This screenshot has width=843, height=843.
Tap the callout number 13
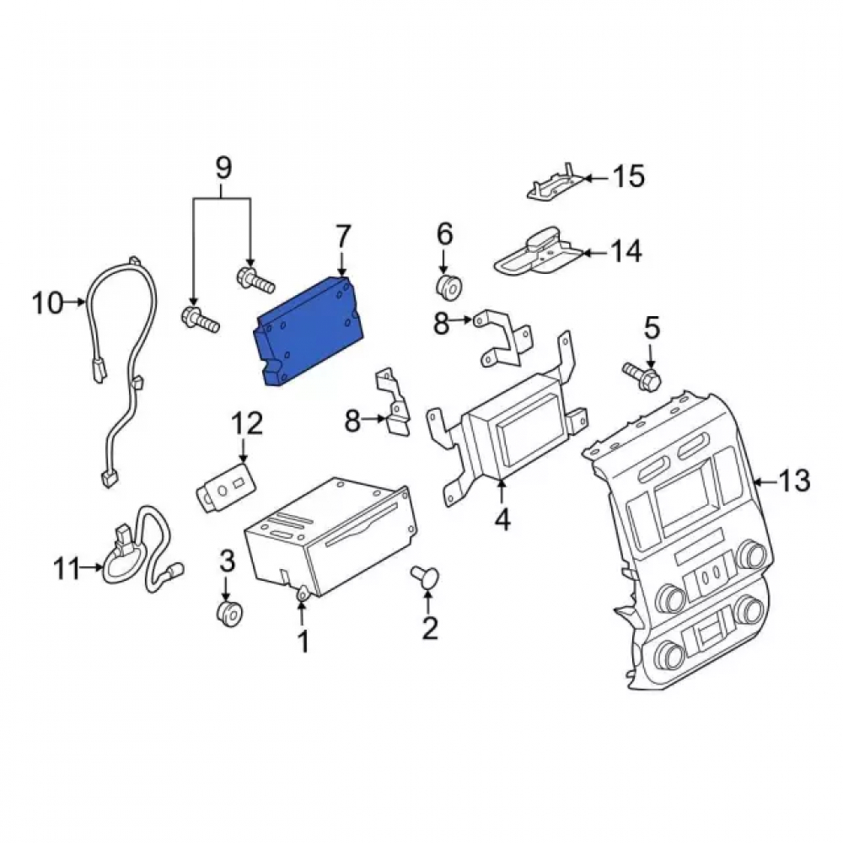(794, 481)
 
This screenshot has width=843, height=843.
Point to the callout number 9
(223, 168)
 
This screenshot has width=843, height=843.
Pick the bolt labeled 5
(642, 376)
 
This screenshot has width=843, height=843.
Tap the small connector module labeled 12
(225, 486)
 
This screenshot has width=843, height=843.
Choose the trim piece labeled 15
(554, 183)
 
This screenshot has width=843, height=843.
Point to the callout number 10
(47, 303)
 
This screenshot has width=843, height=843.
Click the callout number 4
(502, 520)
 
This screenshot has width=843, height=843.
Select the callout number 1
(303, 641)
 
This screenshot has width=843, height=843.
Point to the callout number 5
(651, 328)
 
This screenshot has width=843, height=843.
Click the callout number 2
(430, 626)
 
